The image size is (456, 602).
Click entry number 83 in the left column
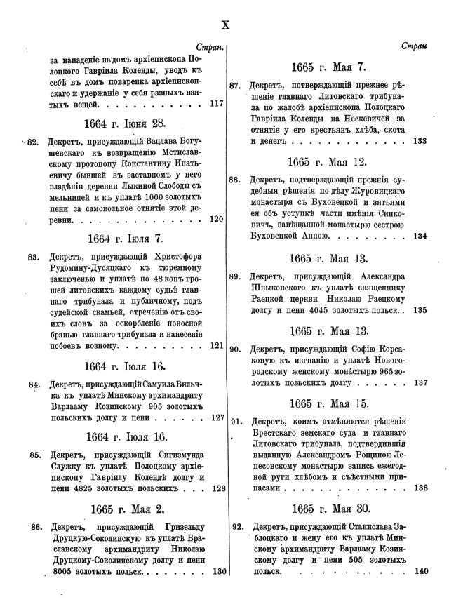click(x=33, y=256)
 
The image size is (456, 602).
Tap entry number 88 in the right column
click(x=236, y=179)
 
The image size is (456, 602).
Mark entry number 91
click(x=236, y=422)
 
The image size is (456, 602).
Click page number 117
click(x=217, y=104)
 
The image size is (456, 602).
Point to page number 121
click(x=217, y=345)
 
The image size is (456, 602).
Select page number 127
click(x=217, y=417)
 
